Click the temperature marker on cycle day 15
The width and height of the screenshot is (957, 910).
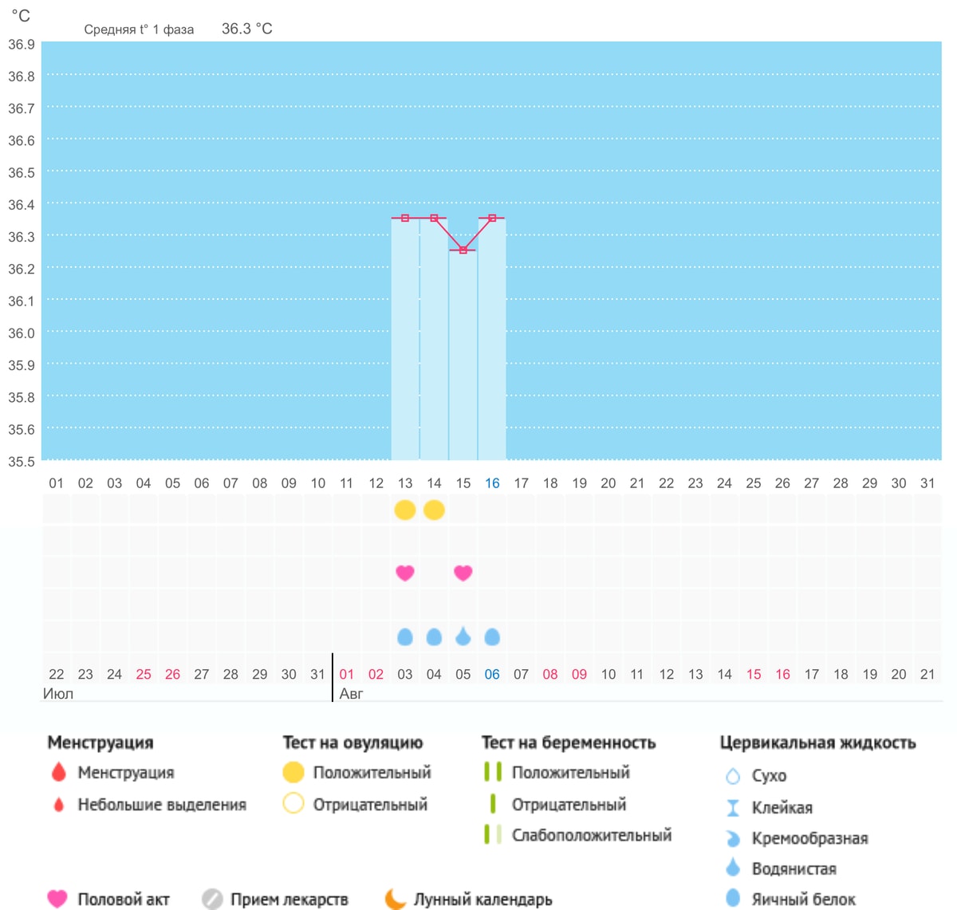(463, 250)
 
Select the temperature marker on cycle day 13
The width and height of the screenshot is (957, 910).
(405, 218)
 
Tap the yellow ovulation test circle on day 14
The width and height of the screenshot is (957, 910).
(434, 510)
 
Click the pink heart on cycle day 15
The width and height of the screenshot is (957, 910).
(463, 573)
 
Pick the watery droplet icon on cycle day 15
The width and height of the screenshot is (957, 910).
(463, 636)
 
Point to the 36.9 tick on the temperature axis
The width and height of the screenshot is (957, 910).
(22, 45)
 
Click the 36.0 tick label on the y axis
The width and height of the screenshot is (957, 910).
(22, 333)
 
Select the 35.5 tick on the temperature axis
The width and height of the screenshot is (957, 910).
(22, 461)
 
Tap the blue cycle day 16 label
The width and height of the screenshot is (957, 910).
(492, 483)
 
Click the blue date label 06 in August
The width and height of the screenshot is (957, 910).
(492, 674)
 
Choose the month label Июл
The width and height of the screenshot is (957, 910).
(58, 693)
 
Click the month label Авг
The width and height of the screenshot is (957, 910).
(351, 693)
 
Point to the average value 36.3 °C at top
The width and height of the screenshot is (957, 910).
(246, 29)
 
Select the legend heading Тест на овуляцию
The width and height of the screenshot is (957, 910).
(353, 743)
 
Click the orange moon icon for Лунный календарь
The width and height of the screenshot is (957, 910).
(395, 899)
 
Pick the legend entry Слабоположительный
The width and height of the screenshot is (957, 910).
(592, 835)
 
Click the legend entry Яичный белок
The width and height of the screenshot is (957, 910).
(803, 900)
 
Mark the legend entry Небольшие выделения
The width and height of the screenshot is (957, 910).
(162, 805)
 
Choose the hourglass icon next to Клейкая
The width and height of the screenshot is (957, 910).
(733, 808)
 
